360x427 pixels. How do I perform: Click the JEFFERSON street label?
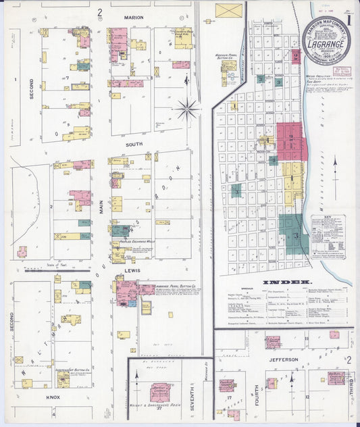(x=283, y=360)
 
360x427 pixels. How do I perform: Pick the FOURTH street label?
(x=256, y=395)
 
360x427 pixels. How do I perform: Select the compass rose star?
(x=187, y=107)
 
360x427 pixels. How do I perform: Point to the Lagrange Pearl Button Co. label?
(x=175, y=286)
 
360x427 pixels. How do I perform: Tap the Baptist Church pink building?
(x=160, y=392)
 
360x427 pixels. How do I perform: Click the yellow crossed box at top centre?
(x=229, y=11)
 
